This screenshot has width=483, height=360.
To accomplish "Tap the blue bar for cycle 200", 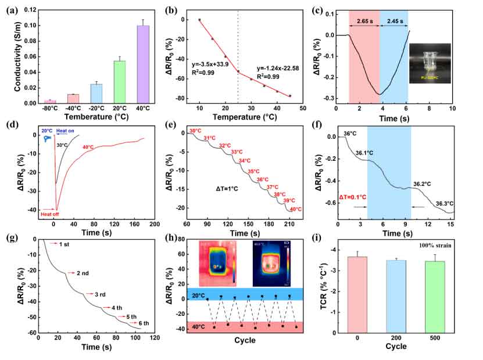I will [396, 296].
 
